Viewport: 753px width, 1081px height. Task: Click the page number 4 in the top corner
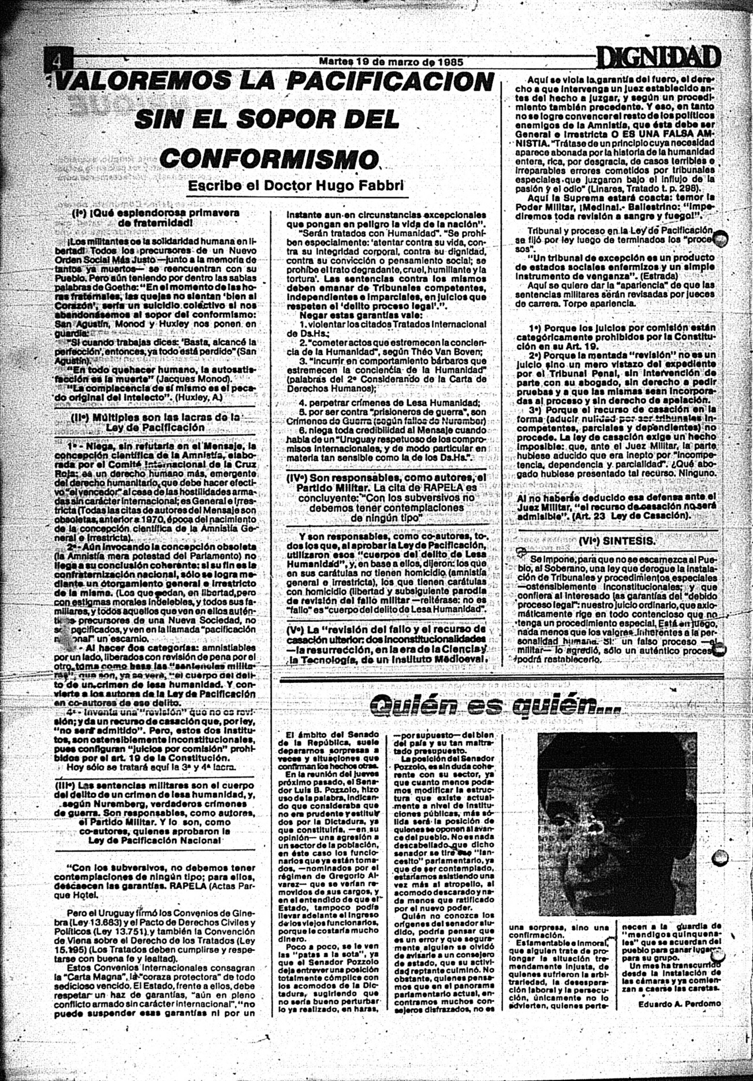tap(57, 60)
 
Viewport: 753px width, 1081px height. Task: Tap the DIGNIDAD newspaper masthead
tap(659, 58)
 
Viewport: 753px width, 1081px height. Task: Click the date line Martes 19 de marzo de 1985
tap(391, 61)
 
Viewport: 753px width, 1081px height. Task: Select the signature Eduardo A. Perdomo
tap(680, 1003)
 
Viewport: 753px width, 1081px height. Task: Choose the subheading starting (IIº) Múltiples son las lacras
tap(155, 422)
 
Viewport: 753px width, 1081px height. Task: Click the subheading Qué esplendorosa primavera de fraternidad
tap(155, 217)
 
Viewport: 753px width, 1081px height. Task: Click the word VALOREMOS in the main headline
tap(142, 82)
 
